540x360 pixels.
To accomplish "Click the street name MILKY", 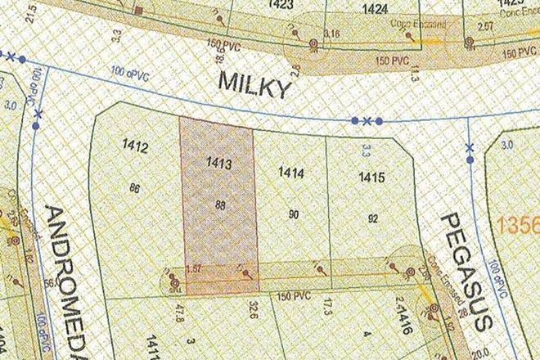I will tap(254, 85).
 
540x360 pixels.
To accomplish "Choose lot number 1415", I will tap(371, 177).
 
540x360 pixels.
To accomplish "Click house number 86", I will tap(136, 187).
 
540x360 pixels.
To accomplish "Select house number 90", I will tap(294, 214).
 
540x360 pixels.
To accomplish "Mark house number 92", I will tap(373, 218).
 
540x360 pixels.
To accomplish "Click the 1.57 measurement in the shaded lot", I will tap(194, 269).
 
